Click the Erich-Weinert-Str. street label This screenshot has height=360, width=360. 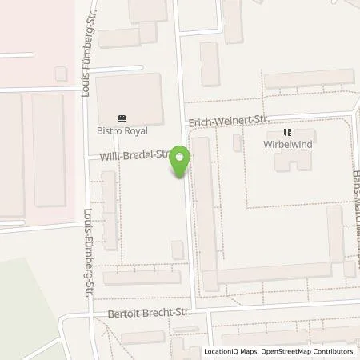(227, 120)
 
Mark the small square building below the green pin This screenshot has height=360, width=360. (177, 250)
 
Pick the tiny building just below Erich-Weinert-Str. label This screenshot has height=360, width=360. (236, 142)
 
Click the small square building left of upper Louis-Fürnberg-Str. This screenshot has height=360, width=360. (61, 74)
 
